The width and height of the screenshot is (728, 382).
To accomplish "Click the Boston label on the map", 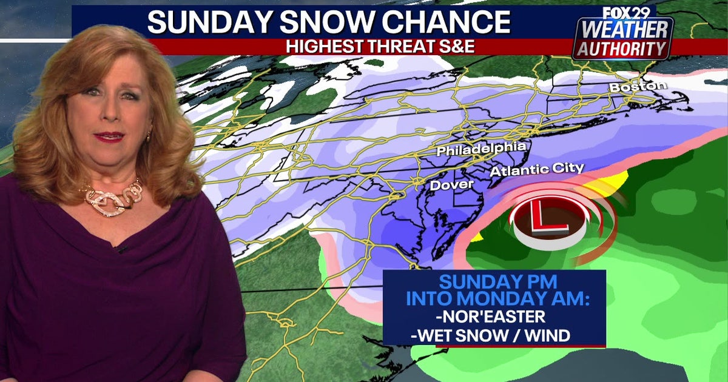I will [x=638, y=87].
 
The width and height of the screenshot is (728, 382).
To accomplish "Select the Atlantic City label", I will [x=537, y=169].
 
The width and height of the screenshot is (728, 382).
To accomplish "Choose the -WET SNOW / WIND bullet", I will [x=490, y=335].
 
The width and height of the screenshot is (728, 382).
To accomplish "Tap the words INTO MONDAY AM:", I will [x=493, y=299].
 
